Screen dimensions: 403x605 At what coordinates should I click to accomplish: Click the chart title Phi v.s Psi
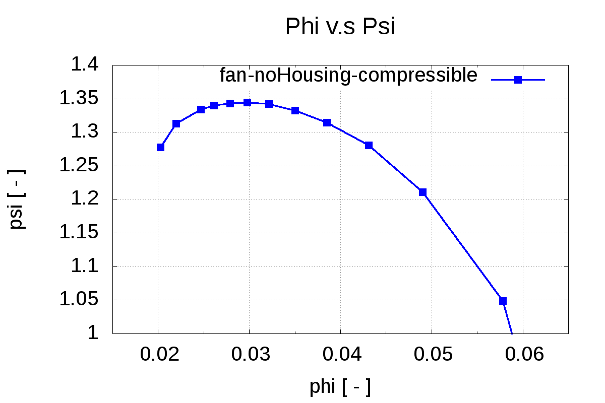(x=339, y=27)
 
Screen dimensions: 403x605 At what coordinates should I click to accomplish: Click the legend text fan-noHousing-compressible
(x=348, y=75)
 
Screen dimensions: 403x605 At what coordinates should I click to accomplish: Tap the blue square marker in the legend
(x=518, y=80)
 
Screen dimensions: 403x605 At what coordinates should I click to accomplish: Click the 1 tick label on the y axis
(x=94, y=333)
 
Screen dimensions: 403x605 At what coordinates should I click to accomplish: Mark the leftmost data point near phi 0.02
(x=160, y=147)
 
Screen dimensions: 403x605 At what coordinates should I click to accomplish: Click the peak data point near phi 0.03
(x=247, y=102)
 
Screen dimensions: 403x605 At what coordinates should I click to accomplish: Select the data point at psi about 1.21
(x=422, y=192)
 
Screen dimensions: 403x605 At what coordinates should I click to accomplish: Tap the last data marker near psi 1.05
(x=503, y=301)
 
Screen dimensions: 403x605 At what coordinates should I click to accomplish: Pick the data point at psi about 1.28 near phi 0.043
(x=369, y=145)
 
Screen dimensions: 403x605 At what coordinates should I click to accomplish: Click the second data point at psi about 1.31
(x=176, y=123)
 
